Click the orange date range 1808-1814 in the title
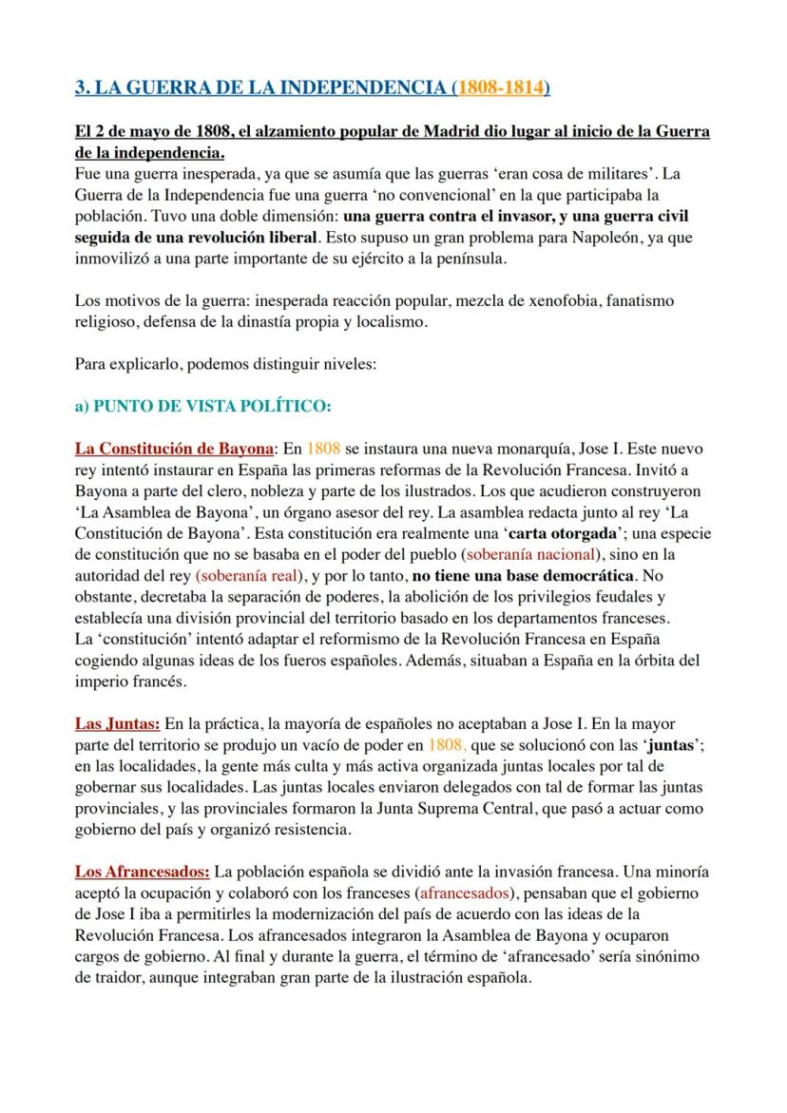point(500,88)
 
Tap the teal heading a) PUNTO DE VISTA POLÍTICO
point(202,406)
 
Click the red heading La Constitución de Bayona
point(174,448)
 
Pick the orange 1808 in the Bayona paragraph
point(320,448)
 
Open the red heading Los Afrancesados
point(143,871)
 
